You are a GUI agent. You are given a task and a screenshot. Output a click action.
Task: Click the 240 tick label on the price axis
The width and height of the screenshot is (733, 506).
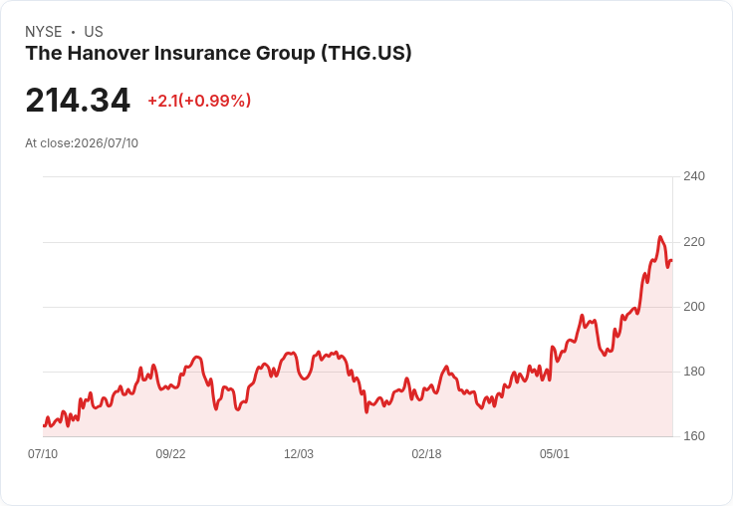click(x=694, y=176)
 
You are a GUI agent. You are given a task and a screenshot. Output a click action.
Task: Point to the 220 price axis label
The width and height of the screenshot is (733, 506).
click(x=694, y=242)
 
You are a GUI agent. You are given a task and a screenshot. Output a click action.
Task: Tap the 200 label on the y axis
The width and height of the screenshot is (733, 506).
click(x=694, y=307)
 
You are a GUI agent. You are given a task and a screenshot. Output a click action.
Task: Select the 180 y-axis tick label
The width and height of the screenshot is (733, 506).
click(x=694, y=372)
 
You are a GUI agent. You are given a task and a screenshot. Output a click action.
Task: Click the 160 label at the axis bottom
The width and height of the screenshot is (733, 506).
click(x=694, y=436)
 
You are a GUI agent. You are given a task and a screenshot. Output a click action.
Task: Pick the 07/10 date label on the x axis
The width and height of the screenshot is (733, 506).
click(x=43, y=454)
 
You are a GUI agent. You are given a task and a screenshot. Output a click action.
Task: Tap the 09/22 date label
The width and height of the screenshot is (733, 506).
click(x=170, y=454)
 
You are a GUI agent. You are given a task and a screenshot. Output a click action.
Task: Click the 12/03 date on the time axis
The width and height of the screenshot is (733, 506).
click(x=299, y=454)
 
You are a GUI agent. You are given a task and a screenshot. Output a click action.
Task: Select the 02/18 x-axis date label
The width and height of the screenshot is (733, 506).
click(x=426, y=454)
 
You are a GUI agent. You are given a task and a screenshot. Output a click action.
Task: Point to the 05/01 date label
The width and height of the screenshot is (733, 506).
click(x=555, y=454)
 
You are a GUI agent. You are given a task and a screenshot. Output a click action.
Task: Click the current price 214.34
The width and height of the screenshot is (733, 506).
click(x=78, y=101)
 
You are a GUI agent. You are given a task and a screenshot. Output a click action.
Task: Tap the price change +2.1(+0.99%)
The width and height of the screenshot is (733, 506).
click(x=199, y=101)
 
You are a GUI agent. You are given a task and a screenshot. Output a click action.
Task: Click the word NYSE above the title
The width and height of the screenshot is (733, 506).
click(x=44, y=32)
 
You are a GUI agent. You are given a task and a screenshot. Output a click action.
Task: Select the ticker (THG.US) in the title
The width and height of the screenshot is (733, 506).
click(x=366, y=54)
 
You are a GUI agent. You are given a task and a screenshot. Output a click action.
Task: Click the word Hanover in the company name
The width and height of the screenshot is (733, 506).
click(x=108, y=54)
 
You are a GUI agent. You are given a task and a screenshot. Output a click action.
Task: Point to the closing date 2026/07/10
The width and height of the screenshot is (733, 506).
click(x=107, y=143)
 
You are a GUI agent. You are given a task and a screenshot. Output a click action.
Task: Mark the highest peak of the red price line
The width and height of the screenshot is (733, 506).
click(x=660, y=237)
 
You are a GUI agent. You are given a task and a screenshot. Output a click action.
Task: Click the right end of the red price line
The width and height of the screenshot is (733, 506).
click(x=672, y=261)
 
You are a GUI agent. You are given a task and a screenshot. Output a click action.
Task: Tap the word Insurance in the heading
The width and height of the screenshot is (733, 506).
click(x=202, y=54)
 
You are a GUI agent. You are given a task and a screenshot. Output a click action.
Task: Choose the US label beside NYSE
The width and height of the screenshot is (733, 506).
click(x=94, y=32)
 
